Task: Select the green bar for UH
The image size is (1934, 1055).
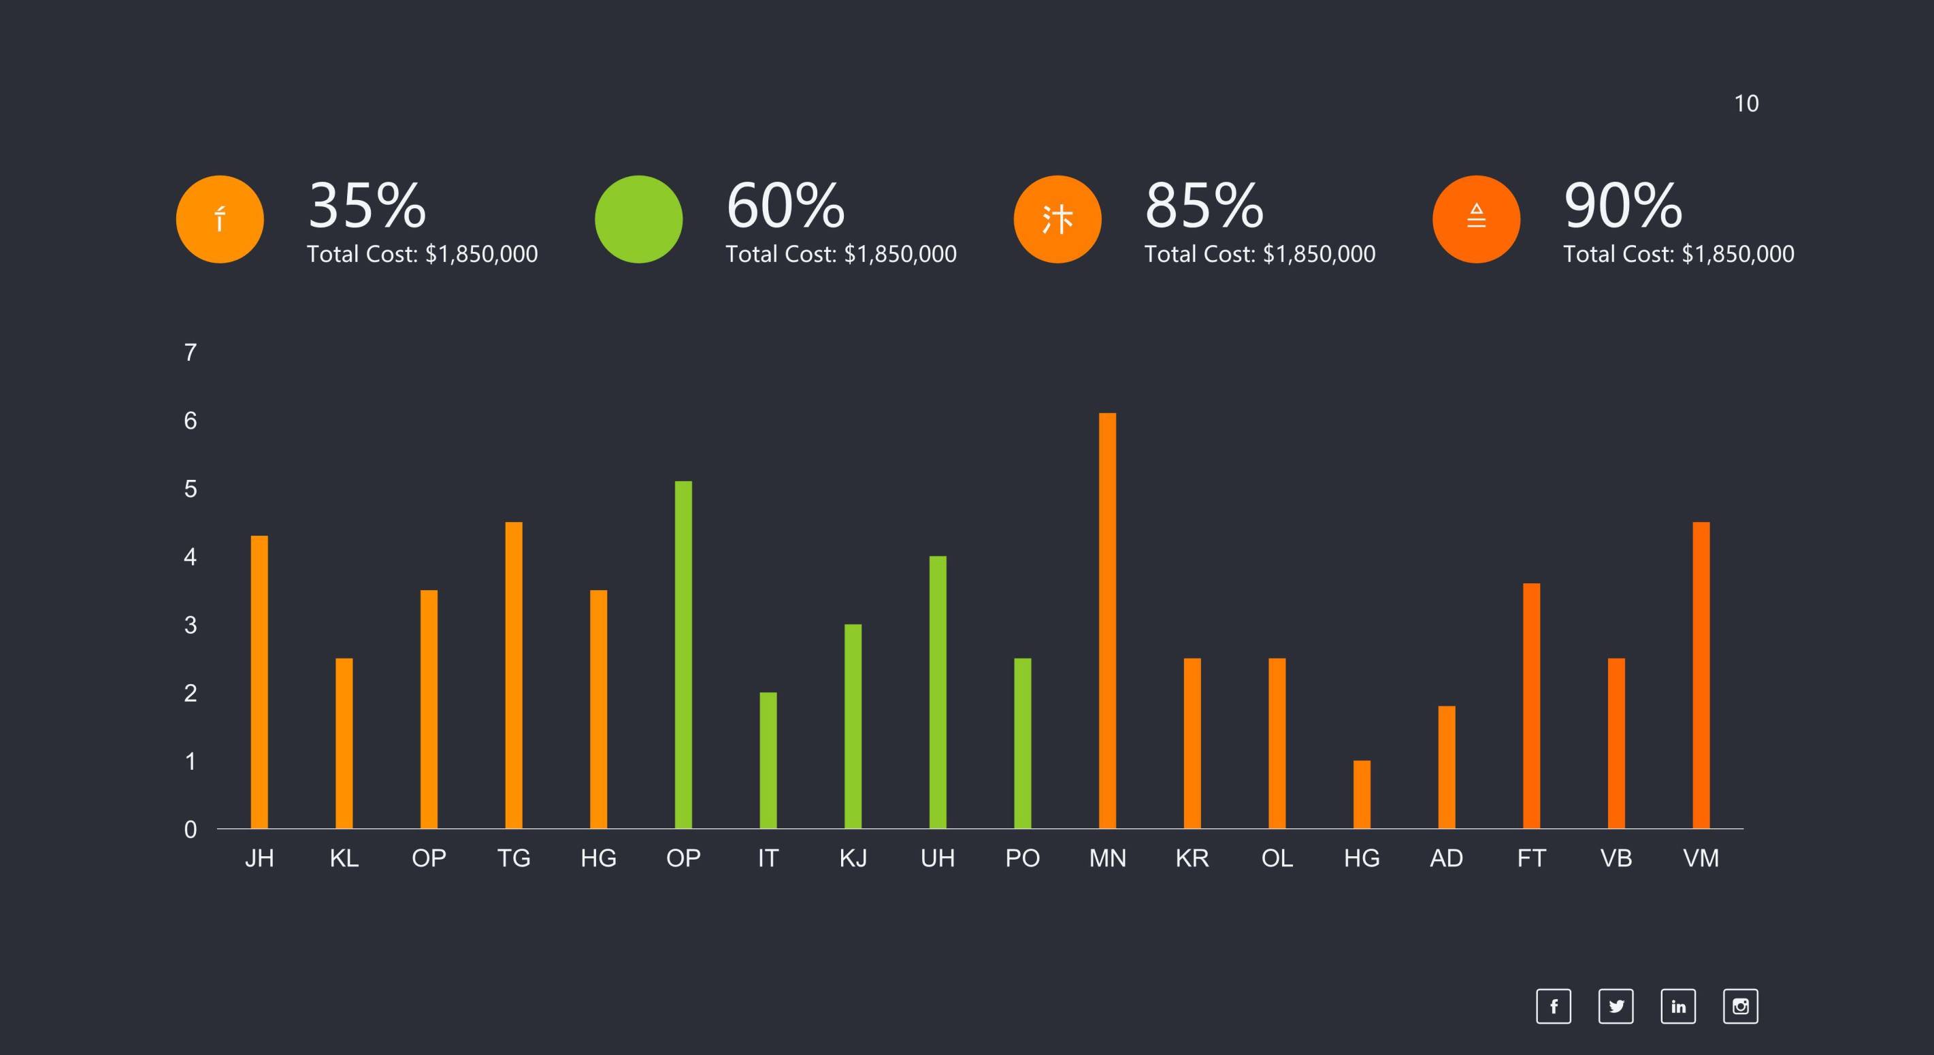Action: (x=938, y=692)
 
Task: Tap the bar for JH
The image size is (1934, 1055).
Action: (x=259, y=682)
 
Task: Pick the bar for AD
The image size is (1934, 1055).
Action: (x=1447, y=766)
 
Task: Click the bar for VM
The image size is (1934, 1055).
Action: (x=1701, y=675)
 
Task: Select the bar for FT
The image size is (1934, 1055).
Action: (x=1532, y=706)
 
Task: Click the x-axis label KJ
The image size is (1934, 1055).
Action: (x=853, y=858)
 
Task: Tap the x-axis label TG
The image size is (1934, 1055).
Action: (x=514, y=858)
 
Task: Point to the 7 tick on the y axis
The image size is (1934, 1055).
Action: (x=191, y=352)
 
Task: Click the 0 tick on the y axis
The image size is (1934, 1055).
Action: (x=191, y=830)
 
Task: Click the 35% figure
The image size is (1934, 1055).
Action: (x=367, y=205)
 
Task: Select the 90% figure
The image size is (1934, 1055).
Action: (x=1623, y=205)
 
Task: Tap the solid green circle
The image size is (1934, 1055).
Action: (x=639, y=219)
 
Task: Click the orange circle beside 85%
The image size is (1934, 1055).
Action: (x=1057, y=219)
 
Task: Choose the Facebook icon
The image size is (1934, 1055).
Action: (x=1554, y=1006)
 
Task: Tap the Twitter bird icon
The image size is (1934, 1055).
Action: (x=1616, y=1006)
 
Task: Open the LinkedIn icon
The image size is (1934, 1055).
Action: (x=1678, y=1006)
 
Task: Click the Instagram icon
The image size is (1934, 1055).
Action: (x=1740, y=1006)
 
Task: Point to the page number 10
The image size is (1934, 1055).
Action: (x=1746, y=103)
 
